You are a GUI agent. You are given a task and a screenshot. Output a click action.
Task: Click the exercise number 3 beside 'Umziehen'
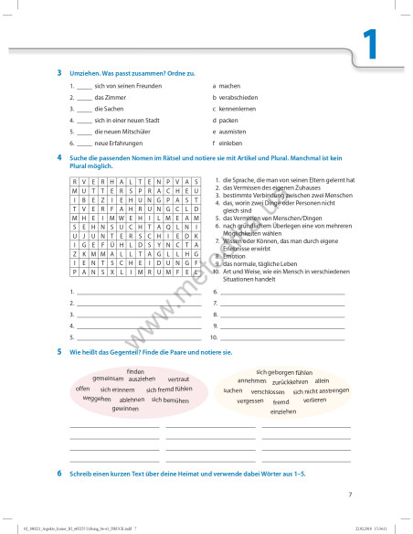pyautogui.click(x=59, y=72)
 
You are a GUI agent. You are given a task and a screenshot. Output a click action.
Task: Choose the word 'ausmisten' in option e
pyautogui.click(x=233, y=132)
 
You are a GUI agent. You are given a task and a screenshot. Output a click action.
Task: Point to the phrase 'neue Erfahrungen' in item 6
pyautogui.click(x=118, y=144)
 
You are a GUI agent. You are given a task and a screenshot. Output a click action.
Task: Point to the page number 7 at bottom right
pyautogui.click(x=350, y=495)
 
